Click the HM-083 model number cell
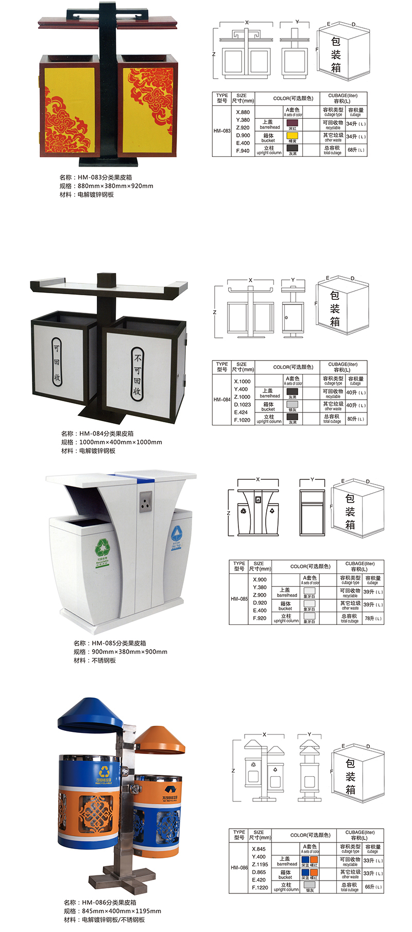pyautogui.click(x=222, y=131)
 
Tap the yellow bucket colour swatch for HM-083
pyautogui.click(x=293, y=135)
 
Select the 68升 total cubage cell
pyautogui.click(x=356, y=150)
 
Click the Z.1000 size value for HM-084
pyautogui.click(x=242, y=397)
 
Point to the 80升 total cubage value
pyautogui.click(x=355, y=419)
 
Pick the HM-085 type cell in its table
pyautogui.click(x=239, y=599)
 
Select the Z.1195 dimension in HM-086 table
pyautogui.click(x=260, y=865)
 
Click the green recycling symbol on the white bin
pyautogui.click(x=104, y=546)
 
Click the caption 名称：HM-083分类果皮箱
pyautogui.click(x=99, y=177)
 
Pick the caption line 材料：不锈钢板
pyautogui.click(x=95, y=660)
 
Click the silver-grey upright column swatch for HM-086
pyautogui.click(x=310, y=885)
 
